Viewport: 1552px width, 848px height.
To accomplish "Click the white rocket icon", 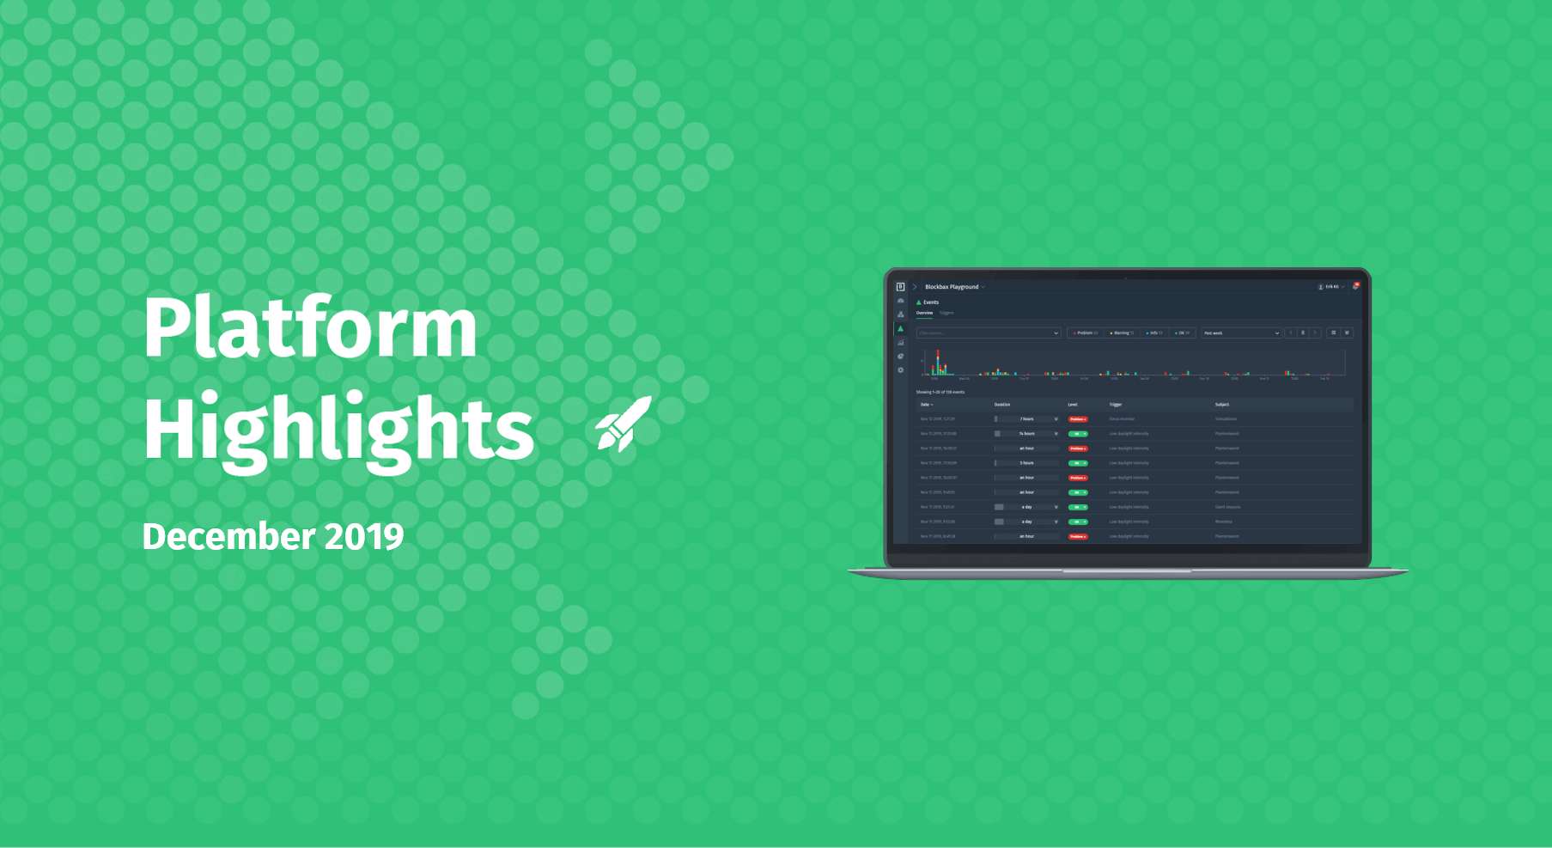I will click(624, 424).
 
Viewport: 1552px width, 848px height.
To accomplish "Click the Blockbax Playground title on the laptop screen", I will click(952, 287).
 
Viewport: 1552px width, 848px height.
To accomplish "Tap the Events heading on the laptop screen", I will click(931, 302).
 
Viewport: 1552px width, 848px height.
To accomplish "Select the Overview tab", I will click(924, 313).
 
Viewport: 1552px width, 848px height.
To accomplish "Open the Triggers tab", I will click(946, 313).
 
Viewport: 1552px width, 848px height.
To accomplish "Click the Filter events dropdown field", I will click(988, 333).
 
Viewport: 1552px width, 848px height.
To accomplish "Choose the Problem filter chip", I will click(1086, 333).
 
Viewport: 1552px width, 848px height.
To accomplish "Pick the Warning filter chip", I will click(1122, 333).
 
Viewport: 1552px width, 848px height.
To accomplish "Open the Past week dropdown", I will click(1241, 333).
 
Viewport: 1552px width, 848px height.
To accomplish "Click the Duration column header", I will click(1002, 405).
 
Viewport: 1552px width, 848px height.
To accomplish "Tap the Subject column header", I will click(1222, 405).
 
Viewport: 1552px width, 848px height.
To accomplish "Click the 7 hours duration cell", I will click(1026, 419).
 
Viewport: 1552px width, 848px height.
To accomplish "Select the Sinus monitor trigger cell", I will click(1122, 419).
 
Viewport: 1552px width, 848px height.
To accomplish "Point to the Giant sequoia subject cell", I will click(1227, 507).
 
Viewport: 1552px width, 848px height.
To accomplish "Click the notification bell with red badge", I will click(1355, 286).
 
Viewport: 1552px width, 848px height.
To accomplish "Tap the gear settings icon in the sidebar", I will click(900, 370).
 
